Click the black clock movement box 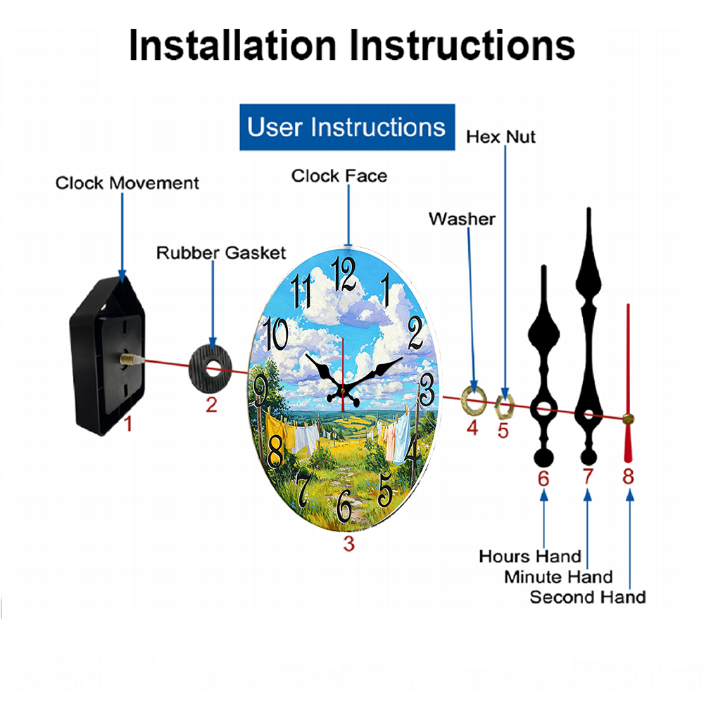107,356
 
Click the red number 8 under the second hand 628,476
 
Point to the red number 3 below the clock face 349,543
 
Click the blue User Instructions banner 347,127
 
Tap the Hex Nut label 501,137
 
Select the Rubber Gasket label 221,253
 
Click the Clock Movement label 127,183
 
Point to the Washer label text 462,219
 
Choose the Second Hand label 588,597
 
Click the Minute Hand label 558,577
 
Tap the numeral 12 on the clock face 344,274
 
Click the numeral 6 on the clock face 344,505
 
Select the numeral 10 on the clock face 275,334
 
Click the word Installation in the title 232,45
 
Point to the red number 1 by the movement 128,423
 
